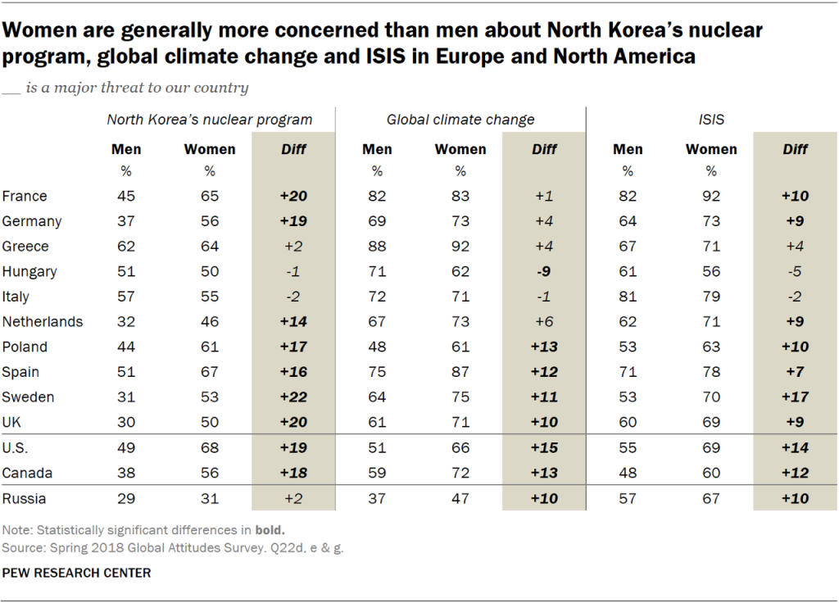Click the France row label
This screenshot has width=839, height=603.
tap(25, 196)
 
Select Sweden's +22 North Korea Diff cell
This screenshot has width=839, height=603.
tap(293, 397)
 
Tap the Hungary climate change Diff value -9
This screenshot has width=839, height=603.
tap(543, 271)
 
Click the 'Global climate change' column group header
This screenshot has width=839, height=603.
tap(460, 120)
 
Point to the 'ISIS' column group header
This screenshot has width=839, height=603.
tap(711, 120)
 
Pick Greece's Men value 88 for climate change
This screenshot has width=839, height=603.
tap(377, 247)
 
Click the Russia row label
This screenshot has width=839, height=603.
tap(25, 497)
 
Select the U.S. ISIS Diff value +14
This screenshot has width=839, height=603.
tap(794, 447)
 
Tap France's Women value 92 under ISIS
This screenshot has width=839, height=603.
tap(711, 196)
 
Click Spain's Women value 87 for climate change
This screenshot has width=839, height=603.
tap(460, 372)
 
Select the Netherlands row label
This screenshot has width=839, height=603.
tap(43, 322)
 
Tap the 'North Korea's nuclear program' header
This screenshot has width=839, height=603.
tap(210, 120)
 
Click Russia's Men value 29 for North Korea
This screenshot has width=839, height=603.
tap(126, 497)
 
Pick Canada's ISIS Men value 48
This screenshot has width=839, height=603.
tap(628, 473)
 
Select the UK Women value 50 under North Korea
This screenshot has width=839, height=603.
tap(210, 422)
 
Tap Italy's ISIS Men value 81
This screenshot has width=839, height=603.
tap(628, 297)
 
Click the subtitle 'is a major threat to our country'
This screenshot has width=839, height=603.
tap(137, 88)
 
